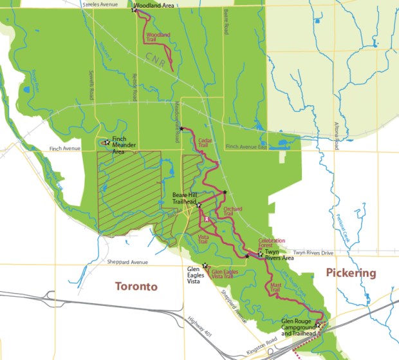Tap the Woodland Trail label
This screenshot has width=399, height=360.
click(x=158, y=36)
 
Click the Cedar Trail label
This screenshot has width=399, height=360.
click(x=204, y=142)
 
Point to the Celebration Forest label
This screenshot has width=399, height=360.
click(x=271, y=243)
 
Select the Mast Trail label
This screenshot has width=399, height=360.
click(x=275, y=289)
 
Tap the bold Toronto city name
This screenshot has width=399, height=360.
click(x=136, y=287)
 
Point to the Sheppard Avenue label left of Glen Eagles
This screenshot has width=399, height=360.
click(x=126, y=262)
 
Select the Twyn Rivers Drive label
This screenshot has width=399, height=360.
click(x=313, y=252)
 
